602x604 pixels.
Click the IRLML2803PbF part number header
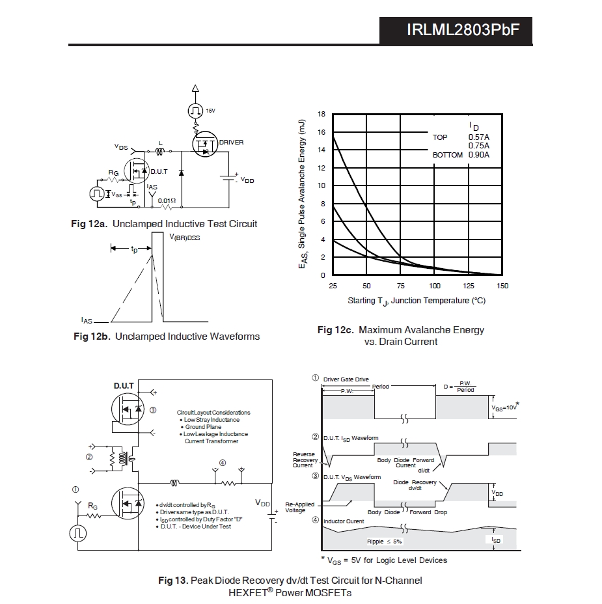click(463, 30)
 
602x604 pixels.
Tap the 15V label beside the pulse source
click(210, 111)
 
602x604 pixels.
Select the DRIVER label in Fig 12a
click(231, 142)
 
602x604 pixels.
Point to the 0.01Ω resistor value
click(167, 200)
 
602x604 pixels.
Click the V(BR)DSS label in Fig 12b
click(184, 238)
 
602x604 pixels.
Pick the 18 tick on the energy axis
click(322, 114)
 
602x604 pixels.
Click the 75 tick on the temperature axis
click(400, 286)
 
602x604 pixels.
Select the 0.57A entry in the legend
click(479, 137)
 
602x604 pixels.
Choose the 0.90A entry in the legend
click(479, 155)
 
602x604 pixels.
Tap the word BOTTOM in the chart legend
click(448, 155)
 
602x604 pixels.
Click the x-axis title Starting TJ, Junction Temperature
click(417, 301)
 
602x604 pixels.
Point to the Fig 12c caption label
click(335, 330)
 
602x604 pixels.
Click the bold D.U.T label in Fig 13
click(124, 386)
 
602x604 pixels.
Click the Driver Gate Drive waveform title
click(346, 379)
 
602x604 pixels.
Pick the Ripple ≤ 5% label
click(384, 542)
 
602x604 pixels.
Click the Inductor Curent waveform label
click(344, 521)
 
